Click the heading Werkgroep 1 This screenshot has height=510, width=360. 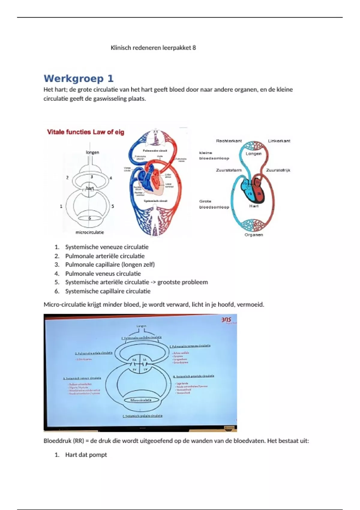[79, 79]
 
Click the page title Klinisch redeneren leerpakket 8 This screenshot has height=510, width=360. [153, 48]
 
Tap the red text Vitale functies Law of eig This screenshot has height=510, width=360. [85, 132]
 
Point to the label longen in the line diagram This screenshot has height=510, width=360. [92, 152]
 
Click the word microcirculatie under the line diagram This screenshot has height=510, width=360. [90, 232]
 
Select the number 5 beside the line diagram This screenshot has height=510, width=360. [113, 206]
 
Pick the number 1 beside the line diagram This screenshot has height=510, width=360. [61, 206]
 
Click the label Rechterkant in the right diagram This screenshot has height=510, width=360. [229, 141]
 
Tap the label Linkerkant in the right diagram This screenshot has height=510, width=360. [279, 141]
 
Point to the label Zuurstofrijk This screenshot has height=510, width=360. [278, 170]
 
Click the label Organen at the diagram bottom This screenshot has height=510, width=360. [253, 235]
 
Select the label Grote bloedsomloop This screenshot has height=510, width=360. [214, 204]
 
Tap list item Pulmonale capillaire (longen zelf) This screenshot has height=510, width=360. [110, 265]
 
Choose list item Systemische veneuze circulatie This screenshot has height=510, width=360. [107, 247]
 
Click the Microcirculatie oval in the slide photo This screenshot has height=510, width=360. [141, 400]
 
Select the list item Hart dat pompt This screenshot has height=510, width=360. [86, 455]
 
